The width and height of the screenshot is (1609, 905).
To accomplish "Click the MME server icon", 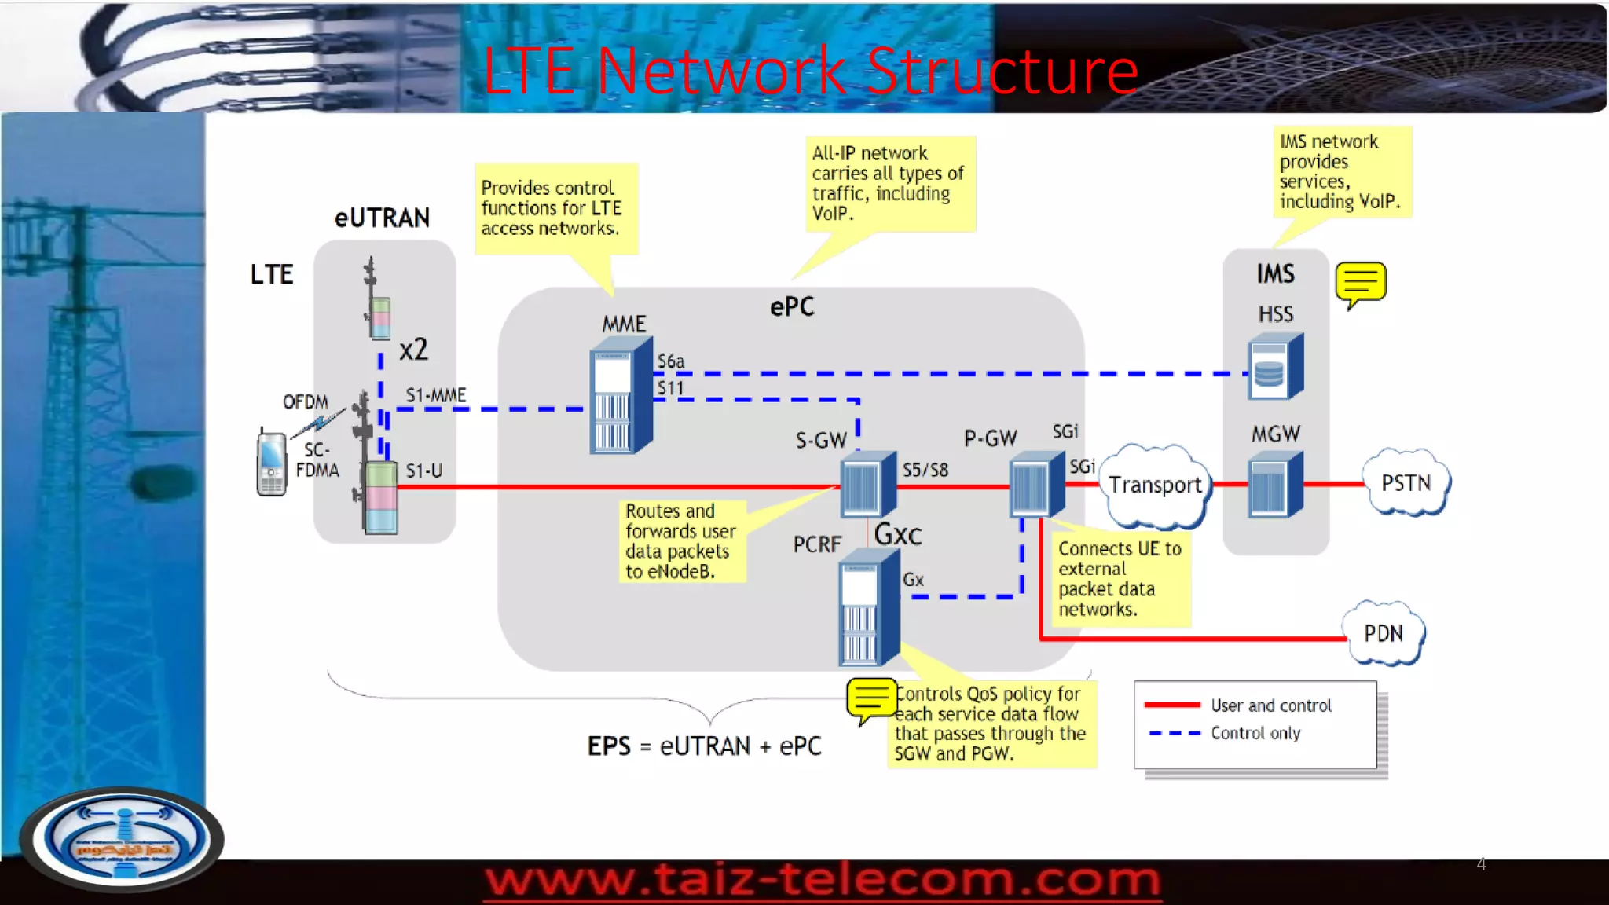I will [621, 397].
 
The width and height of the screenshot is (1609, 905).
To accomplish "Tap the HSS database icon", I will [1274, 368].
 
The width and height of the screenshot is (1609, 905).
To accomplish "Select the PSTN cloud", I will [1406, 482].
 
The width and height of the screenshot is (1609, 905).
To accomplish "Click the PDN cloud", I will [1383, 633].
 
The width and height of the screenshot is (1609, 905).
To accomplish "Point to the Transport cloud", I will [1155, 485].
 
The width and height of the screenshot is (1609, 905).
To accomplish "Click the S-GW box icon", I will [867, 485].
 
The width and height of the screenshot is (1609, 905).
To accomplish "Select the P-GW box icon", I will [1036, 485].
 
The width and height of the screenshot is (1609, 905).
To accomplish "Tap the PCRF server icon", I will [867, 608].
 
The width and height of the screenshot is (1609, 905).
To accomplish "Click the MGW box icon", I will [1274, 485].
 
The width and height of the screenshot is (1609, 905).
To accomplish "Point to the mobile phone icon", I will [271, 462].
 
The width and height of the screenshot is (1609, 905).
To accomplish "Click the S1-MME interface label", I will [436, 395].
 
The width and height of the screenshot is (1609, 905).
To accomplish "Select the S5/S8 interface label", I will [925, 470].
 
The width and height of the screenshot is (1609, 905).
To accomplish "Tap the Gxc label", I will [897, 535].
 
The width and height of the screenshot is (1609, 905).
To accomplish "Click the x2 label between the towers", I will [413, 349].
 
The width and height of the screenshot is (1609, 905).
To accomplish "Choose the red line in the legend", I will [1172, 705].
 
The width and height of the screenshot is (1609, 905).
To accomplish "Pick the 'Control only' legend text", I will [1255, 733].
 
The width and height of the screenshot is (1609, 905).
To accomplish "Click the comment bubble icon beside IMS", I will [1360, 284].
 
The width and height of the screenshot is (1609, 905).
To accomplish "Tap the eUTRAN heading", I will [382, 218].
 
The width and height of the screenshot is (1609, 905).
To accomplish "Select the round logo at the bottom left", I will [122, 839].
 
